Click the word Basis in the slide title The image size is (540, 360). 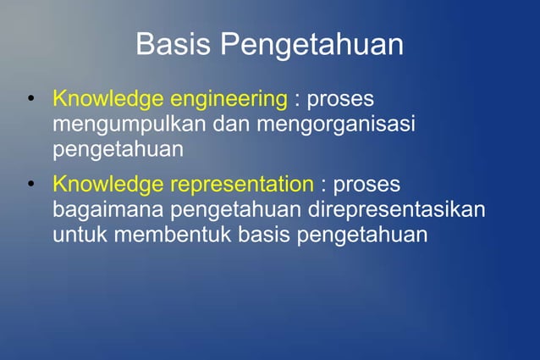(174, 44)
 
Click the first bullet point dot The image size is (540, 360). (31, 100)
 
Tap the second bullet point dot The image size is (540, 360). (31, 185)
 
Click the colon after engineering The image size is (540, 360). (296, 101)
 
